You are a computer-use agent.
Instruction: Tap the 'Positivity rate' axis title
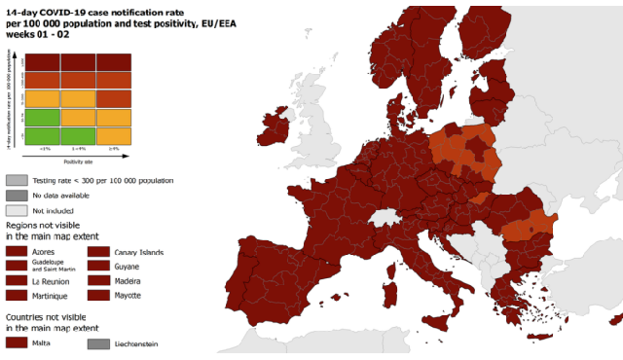coord(77,162)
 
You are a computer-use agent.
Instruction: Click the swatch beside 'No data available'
coord(16,195)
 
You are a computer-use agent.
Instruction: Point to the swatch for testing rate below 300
coord(16,180)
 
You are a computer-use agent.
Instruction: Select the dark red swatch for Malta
coord(16,342)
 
